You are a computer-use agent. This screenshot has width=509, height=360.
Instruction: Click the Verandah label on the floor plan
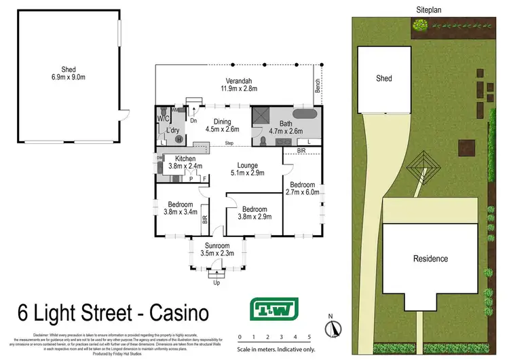236,79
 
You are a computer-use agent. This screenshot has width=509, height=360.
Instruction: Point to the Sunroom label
216,245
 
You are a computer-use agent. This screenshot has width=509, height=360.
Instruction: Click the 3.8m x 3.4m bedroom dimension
180,212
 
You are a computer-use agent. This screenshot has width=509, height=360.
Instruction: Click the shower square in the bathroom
261,117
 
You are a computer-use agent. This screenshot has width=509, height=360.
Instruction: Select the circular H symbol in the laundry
179,139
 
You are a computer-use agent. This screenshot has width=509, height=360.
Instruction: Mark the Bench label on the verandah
317,86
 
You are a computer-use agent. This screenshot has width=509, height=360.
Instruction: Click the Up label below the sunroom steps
216,282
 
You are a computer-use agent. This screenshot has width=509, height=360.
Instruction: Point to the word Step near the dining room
229,143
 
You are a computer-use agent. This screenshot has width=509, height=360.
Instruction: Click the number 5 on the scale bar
309,337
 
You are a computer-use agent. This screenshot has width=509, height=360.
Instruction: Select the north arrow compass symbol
333,328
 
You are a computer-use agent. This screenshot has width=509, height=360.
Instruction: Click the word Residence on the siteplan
431,259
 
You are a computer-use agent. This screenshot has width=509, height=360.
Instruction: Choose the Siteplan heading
430,8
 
